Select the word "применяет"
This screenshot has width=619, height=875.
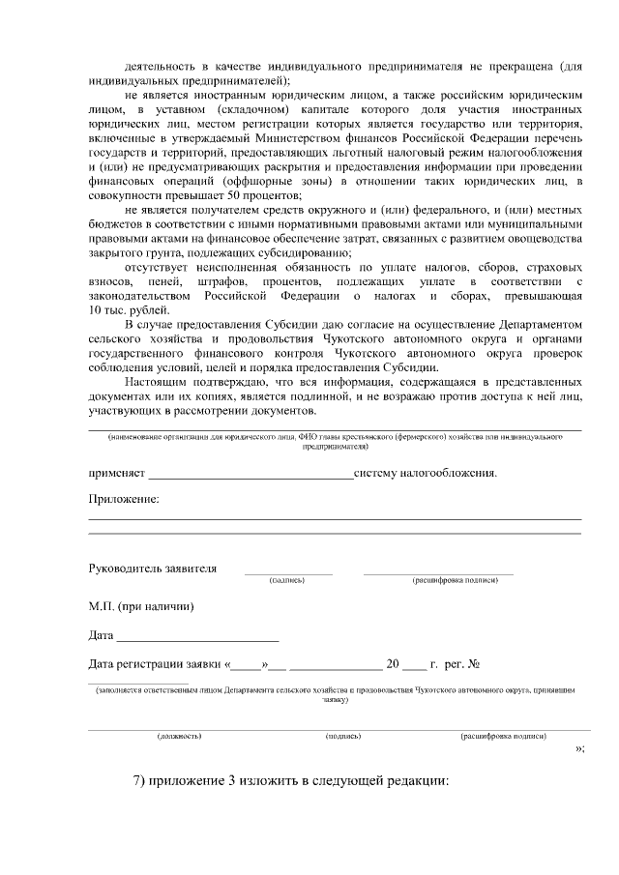[x=117, y=474]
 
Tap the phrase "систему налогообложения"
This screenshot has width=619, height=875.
[x=426, y=474]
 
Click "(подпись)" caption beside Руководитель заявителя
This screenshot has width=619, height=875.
[x=288, y=580]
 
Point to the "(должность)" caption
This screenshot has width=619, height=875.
[x=179, y=736]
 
